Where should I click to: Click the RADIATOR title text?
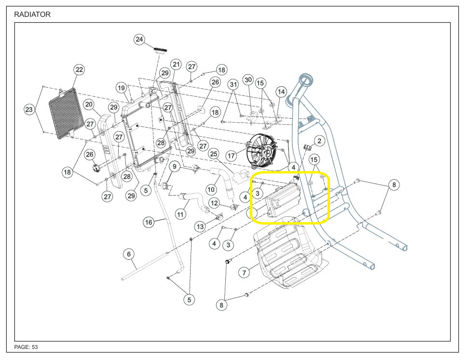pyautogui.click(x=32, y=14)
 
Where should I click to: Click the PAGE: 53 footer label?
pyautogui.click(x=26, y=347)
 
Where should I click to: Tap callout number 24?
pyautogui.click(x=140, y=40)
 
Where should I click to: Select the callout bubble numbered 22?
pyautogui.click(x=79, y=70)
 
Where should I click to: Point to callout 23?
pyautogui.click(x=29, y=110)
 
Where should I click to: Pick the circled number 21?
pyautogui.click(x=176, y=65)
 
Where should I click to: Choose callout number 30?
pyautogui.click(x=248, y=80)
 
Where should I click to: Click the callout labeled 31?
pyautogui.click(x=234, y=84)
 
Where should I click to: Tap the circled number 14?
pyautogui.click(x=281, y=92)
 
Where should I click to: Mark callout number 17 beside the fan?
pyautogui.click(x=232, y=156)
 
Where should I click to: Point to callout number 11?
pyautogui.click(x=180, y=213)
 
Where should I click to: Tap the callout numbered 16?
pyautogui.click(x=149, y=222)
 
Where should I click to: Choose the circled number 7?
pyautogui.click(x=245, y=273)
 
